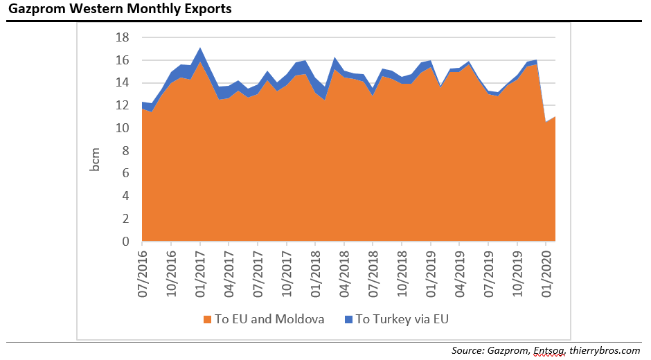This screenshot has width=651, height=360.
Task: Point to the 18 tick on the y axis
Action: pyautogui.click(x=122, y=37)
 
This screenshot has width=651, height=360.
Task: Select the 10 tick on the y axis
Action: pyautogui.click(x=122, y=128)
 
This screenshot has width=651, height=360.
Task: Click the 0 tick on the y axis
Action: pyautogui.click(x=125, y=242)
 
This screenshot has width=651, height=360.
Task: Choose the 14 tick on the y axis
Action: pyautogui.click(x=122, y=82)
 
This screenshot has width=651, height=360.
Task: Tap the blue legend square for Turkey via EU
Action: pyautogui.click(x=348, y=319)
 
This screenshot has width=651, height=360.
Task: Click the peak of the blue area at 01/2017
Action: pyautogui.click(x=200, y=48)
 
